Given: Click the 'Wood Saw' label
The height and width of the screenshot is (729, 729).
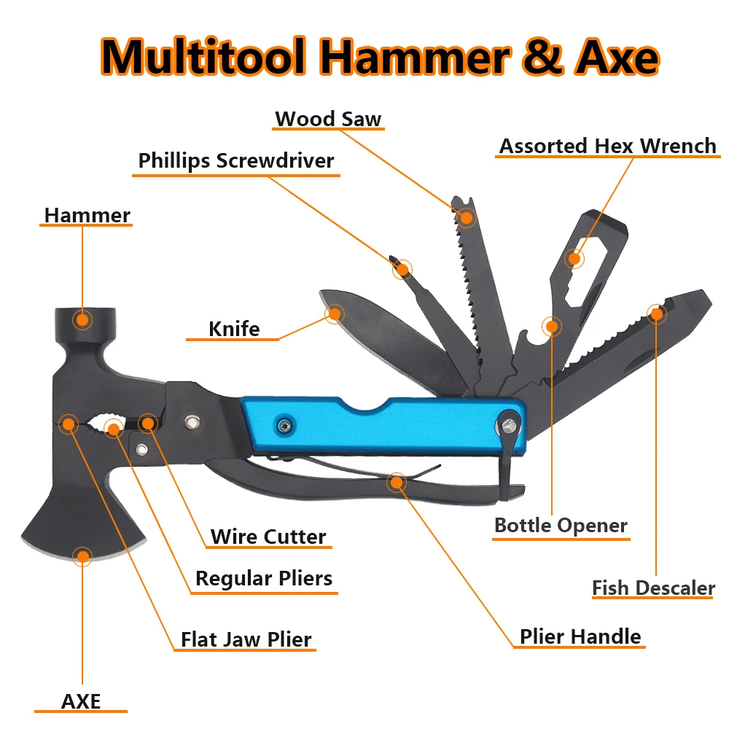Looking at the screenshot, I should point(328,119).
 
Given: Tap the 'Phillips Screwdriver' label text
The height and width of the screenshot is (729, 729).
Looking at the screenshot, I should point(236,160).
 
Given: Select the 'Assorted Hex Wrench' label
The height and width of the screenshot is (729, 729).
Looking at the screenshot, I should point(608,146).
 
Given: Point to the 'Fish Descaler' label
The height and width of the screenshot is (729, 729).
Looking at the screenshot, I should point(653,588).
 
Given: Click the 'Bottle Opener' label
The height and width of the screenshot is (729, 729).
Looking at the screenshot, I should point(561,525).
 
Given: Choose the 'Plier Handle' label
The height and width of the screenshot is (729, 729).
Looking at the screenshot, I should point(580,636).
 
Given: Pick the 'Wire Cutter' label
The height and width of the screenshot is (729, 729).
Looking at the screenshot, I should point(268,537).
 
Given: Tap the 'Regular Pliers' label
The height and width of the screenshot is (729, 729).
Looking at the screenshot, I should point(264,579).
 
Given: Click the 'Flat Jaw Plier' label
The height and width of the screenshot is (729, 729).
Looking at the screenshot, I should point(246,640).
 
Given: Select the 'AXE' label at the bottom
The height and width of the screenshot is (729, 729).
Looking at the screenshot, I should point(81,701).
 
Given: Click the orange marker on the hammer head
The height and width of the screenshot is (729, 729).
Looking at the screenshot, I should point(82,319).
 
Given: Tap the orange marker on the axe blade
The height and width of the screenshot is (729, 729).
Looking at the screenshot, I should point(82,557).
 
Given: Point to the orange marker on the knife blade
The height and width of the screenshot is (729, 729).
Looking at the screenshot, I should point(335,314).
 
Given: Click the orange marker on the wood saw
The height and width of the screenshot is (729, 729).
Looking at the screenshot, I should point(466,216).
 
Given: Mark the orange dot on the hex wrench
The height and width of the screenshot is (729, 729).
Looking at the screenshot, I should point(575,257).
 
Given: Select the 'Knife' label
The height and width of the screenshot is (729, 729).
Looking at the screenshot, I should point(234,329).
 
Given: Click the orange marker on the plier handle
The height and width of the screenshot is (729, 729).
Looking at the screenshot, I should point(397,481).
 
